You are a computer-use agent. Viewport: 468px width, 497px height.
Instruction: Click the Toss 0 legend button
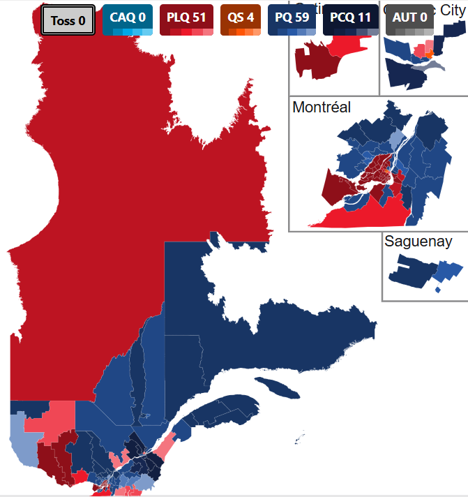point(68,20)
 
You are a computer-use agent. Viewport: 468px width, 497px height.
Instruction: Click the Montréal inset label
point(322,107)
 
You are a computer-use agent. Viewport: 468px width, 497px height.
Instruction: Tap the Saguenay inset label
point(418,242)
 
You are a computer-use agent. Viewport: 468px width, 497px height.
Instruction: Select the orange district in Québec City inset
point(430,53)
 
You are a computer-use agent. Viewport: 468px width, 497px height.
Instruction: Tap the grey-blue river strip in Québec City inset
point(433,66)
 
